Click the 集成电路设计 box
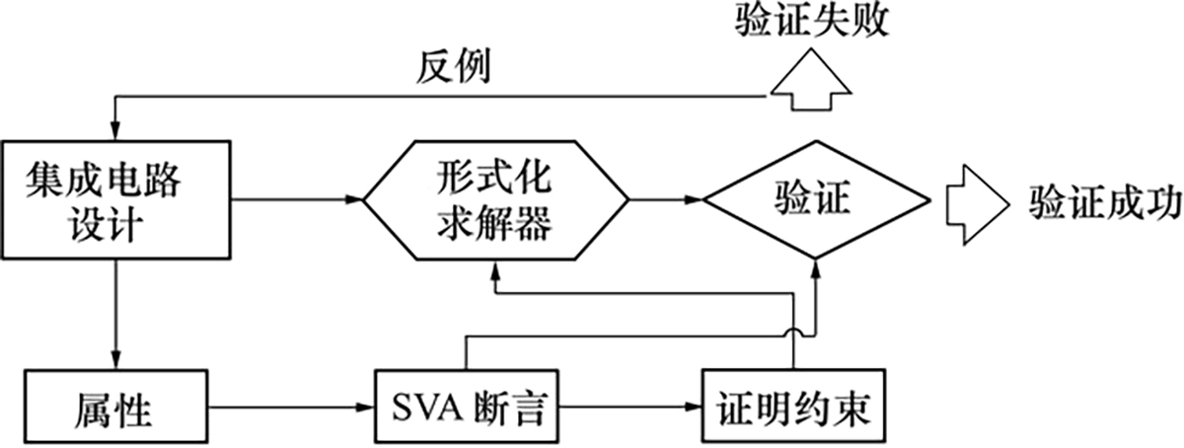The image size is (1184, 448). pos(115,201)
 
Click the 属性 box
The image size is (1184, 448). pos(115,406)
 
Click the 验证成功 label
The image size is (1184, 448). pos(1105,201)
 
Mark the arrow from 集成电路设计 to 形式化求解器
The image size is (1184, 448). pos(296,201)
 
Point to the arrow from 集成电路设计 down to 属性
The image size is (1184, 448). pos(115,316)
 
